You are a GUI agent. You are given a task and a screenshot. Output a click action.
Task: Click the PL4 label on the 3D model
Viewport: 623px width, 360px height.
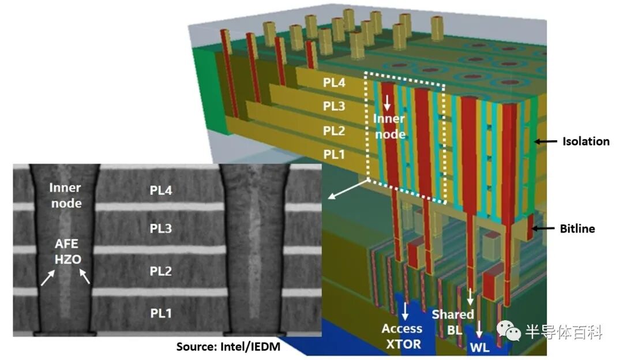pos(335,83)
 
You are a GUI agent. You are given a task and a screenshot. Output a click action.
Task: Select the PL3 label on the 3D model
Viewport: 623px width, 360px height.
pos(335,107)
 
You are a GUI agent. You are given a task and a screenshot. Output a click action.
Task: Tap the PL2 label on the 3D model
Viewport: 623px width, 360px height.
pos(335,131)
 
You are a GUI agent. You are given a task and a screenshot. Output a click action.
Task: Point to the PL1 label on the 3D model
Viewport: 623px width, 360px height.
pos(335,155)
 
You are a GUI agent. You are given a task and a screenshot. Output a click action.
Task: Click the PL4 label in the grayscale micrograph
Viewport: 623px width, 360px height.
pos(161,190)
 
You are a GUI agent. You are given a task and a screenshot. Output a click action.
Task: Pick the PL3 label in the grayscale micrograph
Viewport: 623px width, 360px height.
pos(161,229)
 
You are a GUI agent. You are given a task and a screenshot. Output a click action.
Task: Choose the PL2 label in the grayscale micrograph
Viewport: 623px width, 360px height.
pos(161,271)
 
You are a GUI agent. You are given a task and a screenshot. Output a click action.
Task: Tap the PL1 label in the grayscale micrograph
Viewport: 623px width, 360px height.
pos(161,313)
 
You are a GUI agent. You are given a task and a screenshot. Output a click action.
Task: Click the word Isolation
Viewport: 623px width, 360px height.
pos(586,141)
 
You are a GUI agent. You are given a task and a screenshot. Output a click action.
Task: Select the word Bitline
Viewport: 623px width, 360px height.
pos(577,229)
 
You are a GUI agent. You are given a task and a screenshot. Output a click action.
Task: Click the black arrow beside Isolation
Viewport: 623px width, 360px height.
pos(545,141)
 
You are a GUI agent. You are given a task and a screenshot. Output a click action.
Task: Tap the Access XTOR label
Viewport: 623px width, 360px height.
pos(401,336)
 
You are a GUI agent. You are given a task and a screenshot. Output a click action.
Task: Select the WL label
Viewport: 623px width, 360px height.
pos(480,348)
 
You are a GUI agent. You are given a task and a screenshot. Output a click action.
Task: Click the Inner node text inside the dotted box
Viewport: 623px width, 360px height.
pos(389,125)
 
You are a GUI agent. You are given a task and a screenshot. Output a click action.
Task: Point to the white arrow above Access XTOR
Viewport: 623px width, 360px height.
pos(406,311)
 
